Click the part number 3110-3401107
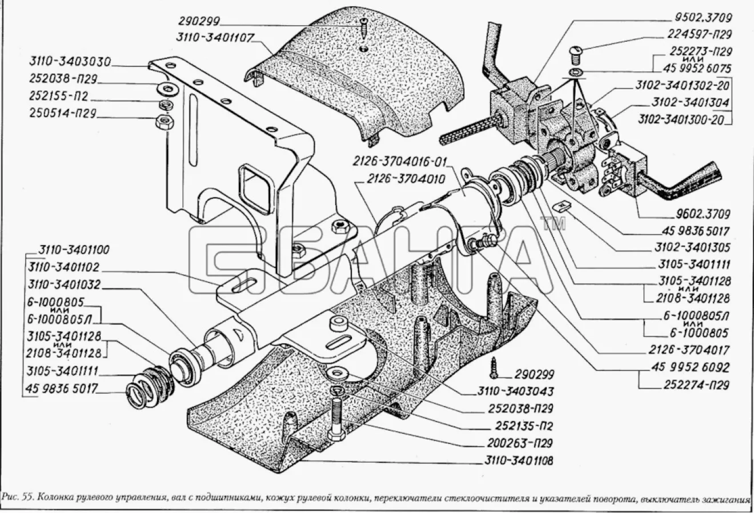click(214, 37)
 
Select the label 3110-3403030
click(70, 62)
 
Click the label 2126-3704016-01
click(399, 162)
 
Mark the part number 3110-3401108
click(519, 460)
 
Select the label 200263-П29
click(520, 443)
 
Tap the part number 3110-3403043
click(515, 391)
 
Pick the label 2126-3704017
click(689, 350)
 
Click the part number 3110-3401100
click(74, 250)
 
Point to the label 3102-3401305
click(692, 248)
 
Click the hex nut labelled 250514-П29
click(165, 121)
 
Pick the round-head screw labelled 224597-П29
click(576, 57)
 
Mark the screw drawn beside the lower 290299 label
click(494, 367)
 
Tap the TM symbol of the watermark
click(553, 224)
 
